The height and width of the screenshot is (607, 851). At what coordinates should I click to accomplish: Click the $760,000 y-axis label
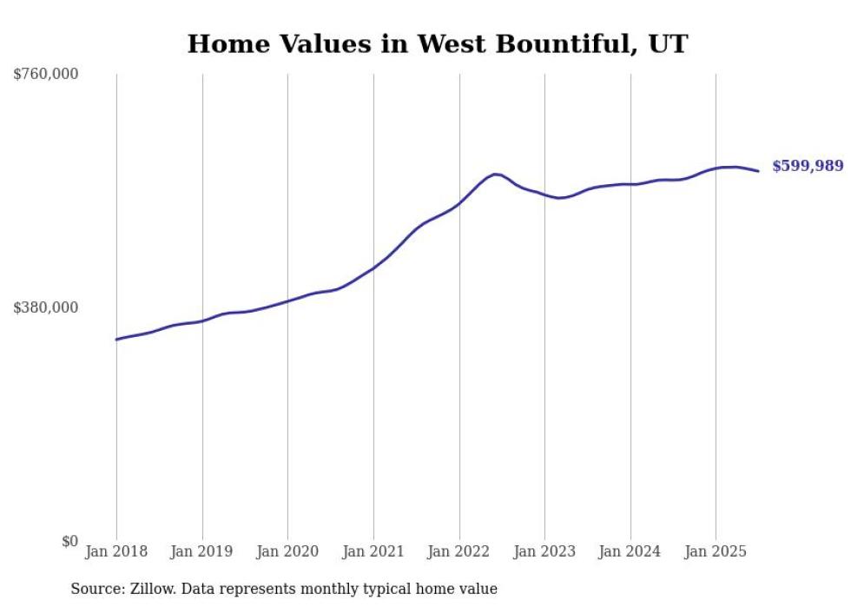[45, 75]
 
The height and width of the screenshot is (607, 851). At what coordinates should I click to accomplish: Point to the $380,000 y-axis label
[45, 307]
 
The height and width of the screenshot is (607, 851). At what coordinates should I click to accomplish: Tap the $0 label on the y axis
[69, 541]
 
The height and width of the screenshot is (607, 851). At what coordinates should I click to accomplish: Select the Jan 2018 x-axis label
[116, 551]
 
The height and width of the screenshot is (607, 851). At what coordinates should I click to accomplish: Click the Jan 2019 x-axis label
[202, 551]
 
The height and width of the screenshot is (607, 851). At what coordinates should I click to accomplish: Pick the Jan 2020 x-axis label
[287, 551]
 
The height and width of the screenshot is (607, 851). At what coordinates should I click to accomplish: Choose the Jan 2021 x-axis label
[373, 551]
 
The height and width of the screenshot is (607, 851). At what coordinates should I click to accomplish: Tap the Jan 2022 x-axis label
[459, 551]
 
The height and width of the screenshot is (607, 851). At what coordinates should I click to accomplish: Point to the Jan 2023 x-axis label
[544, 551]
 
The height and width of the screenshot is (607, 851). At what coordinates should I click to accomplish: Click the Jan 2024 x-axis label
[630, 551]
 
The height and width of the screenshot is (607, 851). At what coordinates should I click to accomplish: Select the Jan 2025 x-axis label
[716, 551]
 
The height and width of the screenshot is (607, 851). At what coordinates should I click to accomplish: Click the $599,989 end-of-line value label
[808, 166]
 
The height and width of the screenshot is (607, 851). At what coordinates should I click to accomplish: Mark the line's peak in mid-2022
[495, 174]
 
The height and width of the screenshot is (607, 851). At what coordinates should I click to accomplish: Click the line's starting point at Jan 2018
[116, 340]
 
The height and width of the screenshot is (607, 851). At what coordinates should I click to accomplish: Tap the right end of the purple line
[758, 171]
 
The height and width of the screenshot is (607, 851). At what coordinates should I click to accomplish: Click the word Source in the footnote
[95, 590]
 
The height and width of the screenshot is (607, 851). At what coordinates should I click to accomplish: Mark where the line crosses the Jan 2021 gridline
[373, 268]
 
